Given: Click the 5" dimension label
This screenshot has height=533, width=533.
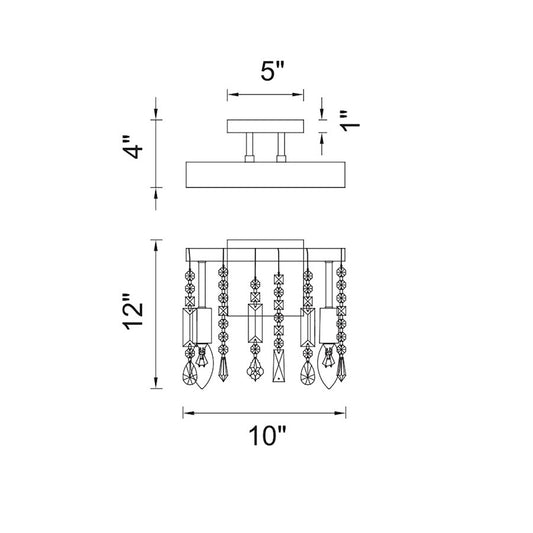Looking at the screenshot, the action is (x=272, y=71).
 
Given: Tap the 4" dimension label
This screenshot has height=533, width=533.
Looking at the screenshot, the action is (x=133, y=147).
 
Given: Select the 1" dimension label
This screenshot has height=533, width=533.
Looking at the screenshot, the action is (x=349, y=121).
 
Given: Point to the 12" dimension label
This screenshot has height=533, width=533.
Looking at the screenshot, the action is (x=133, y=311).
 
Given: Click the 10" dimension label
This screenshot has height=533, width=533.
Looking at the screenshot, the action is (x=268, y=435).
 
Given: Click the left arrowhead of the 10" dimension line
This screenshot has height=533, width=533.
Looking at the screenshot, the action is (x=189, y=413).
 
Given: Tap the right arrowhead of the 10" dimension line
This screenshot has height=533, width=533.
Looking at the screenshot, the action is (x=340, y=413).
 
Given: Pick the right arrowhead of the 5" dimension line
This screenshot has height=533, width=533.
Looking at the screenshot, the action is (x=298, y=94).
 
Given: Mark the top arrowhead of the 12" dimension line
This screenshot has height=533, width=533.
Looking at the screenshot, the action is (x=156, y=245).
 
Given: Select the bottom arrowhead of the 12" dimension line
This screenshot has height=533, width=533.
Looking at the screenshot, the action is (x=156, y=382).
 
